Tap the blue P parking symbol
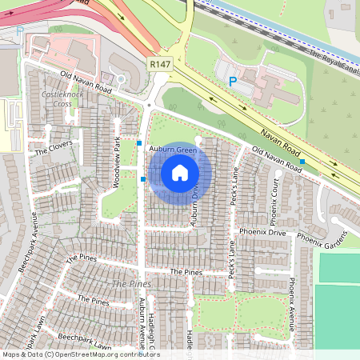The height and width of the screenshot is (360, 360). [x=233, y=81]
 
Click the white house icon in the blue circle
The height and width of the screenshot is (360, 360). [x=180, y=172]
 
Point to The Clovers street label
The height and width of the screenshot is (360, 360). [x=54, y=146]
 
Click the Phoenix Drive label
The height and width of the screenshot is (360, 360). [x=266, y=233]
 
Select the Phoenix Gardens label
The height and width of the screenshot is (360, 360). [x=323, y=238]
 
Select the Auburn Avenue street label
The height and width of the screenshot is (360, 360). [x=142, y=316]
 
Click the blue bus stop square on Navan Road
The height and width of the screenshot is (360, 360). [x=302, y=162]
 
